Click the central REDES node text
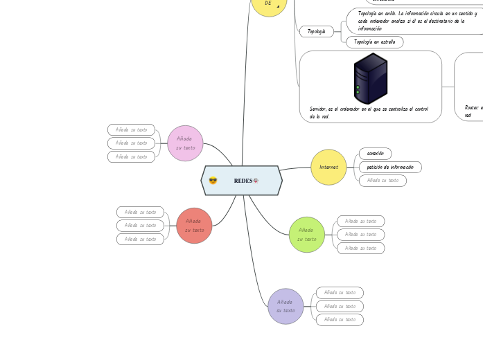[243, 181]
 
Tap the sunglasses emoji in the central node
[213, 181]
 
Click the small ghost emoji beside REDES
[256, 181]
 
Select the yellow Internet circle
[328, 168]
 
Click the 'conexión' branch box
[375, 153]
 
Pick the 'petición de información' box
[389, 167]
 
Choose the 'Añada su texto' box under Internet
[383, 181]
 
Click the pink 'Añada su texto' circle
[185, 143]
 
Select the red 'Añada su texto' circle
[194, 226]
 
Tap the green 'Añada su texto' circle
[306, 235]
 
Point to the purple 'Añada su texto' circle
[286, 306]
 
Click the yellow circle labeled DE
[268, 4]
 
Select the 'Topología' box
[316, 32]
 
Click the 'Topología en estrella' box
[374, 42]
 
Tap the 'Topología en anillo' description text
[416, 21]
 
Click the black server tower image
[370, 78]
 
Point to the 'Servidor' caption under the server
[369, 112]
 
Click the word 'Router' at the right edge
[472, 107]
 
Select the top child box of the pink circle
[131, 129]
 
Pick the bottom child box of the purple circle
[340, 320]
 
